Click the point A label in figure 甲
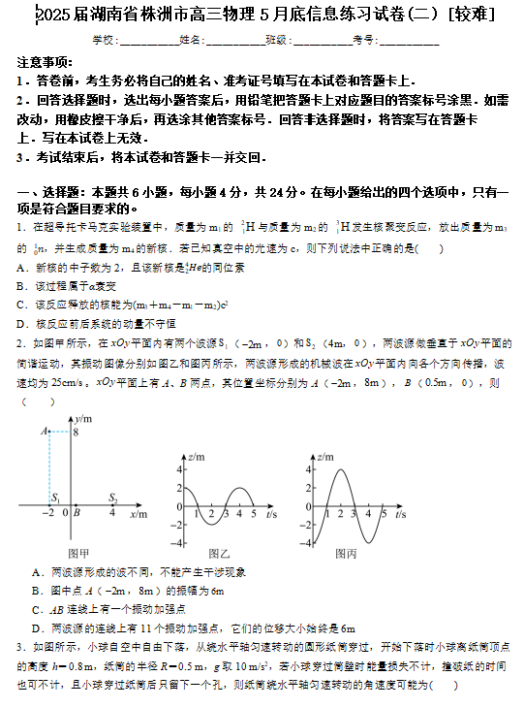coord(44,431)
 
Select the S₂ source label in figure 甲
coord(112,499)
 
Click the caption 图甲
coord(78,554)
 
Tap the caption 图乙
coord(219,552)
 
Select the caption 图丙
coord(346,552)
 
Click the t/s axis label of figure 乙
coord(270,513)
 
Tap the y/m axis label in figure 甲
coord(85,418)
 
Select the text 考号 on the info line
coord(364,40)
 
